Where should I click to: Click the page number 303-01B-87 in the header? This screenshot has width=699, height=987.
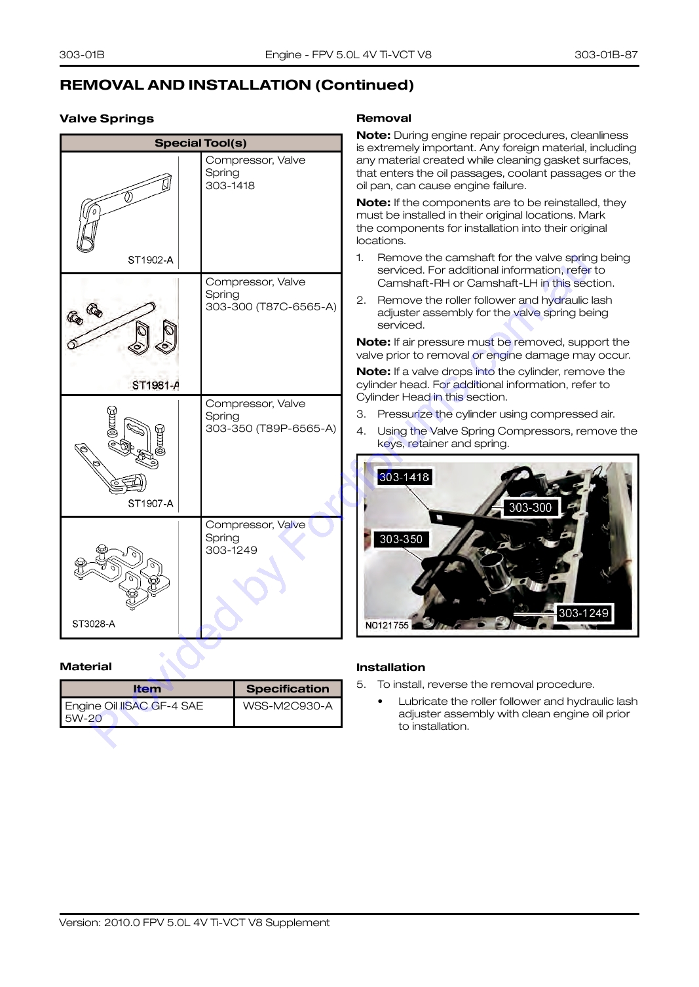coord(606,54)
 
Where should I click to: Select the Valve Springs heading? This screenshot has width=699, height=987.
coord(107,118)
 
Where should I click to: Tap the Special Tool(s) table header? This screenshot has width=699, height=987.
coord(200,143)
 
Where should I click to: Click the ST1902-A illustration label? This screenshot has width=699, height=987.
coord(151,260)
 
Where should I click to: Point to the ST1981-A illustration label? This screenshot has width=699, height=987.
coord(155,386)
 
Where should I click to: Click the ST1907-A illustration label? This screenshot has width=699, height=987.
coord(151,503)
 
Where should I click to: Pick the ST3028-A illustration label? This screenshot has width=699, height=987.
coord(94,624)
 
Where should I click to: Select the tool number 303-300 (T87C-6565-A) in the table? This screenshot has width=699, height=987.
coord(271,307)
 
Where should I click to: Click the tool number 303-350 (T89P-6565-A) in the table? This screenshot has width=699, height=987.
coord(271,428)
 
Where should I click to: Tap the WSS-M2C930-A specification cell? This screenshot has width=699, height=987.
coord(288,706)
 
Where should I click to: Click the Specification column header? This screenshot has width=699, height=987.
coord(288,689)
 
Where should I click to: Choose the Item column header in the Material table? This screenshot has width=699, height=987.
coord(147,689)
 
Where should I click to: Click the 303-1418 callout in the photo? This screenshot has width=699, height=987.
coord(404,476)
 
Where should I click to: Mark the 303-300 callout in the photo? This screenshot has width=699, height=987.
coord(530,508)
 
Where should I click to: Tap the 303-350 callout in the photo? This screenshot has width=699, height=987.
coord(401,539)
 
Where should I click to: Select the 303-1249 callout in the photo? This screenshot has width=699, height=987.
coord(583,613)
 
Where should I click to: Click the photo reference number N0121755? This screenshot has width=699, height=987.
coord(387,625)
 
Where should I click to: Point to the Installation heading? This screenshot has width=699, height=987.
coord(390,667)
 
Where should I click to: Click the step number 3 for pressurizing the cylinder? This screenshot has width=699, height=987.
coord(361,414)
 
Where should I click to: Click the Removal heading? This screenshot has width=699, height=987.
coord(384,118)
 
